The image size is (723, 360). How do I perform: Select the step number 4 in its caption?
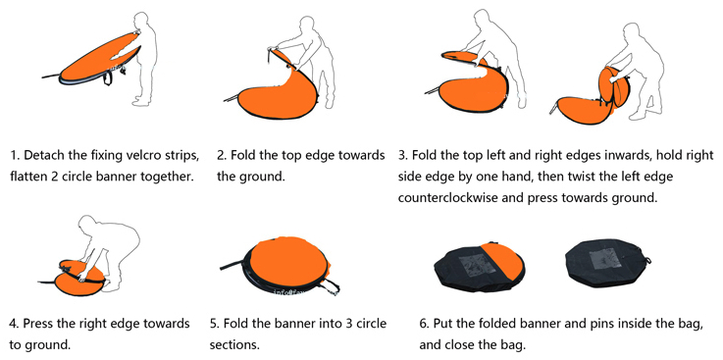click(13, 323)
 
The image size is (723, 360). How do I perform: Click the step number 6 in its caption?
click(423, 323)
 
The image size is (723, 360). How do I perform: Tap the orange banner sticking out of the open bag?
click(503, 260)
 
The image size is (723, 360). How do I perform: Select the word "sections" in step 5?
click(233, 345)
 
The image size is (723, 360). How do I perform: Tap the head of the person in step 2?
click(307, 26)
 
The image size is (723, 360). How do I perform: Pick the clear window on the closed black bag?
click(607, 258)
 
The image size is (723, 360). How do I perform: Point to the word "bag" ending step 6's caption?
click(515, 345)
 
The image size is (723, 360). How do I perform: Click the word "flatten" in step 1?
click(27, 177)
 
